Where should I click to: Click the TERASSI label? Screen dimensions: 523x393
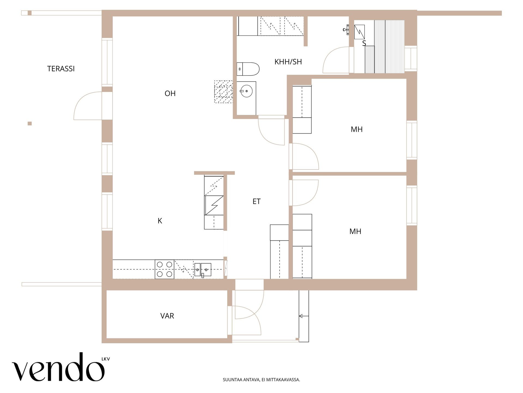click(61, 69)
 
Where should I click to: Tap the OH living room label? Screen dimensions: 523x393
click(170, 94)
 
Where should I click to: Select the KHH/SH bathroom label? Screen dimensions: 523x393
click(288, 62)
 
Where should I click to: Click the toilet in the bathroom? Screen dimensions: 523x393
click(248, 69)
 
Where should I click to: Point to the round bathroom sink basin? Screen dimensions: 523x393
click(247, 91)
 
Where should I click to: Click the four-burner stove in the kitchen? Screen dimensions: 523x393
click(165, 269)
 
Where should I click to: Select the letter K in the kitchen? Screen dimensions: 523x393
click(160, 221)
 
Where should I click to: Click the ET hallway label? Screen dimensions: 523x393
click(257, 201)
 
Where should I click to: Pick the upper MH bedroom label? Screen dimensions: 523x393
click(357, 129)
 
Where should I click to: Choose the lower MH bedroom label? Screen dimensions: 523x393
click(355, 231)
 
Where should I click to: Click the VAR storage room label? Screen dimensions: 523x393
click(167, 316)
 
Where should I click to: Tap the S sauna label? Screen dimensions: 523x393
click(364, 43)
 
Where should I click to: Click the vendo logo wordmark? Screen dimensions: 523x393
click(58, 367)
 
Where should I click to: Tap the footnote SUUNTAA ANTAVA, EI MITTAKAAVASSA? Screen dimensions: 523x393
click(261, 380)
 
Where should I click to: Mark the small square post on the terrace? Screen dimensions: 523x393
click(30, 124)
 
